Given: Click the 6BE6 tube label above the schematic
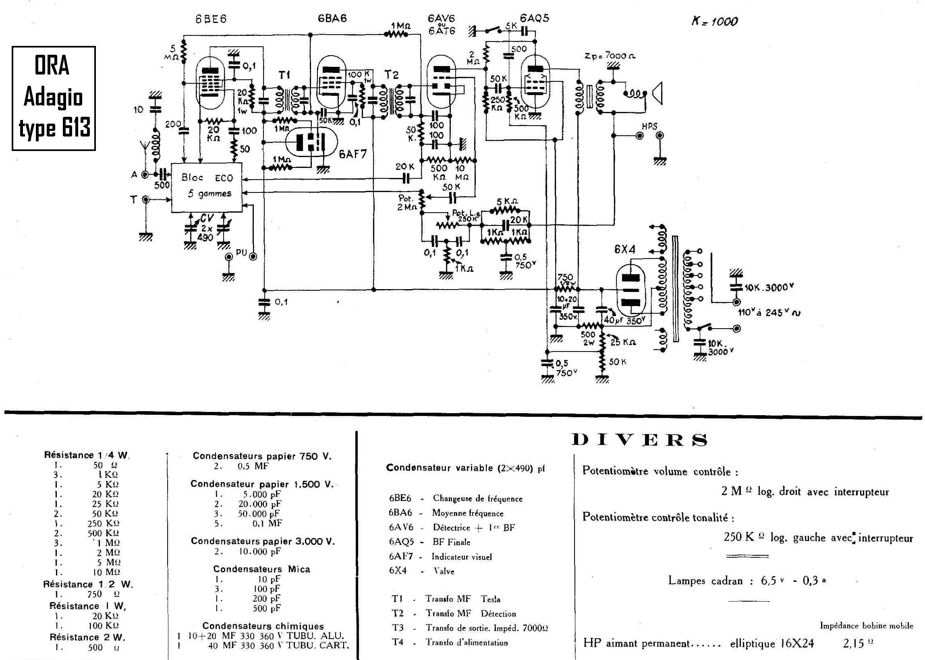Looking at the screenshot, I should (x=211, y=19).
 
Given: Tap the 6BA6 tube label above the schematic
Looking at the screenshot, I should (x=332, y=18).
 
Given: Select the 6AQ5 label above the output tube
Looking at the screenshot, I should (x=534, y=18).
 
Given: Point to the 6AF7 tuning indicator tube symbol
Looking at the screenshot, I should (x=311, y=142).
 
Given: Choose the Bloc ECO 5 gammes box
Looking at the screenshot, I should (x=207, y=187).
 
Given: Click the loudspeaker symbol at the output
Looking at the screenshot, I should (x=657, y=93).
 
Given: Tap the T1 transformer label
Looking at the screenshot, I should (x=284, y=75).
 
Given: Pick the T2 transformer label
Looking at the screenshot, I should (x=392, y=75).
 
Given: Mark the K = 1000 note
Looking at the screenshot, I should (x=714, y=21).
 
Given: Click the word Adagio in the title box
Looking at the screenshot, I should (x=53, y=97).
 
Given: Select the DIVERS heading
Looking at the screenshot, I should (x=639, y=440).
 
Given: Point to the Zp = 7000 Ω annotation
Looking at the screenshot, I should (x=610, y=55).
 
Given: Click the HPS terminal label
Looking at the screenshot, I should (x=649, y=126).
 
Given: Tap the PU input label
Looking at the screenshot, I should (x=241, y=252).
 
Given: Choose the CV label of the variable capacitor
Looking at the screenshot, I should (x=207, y=218).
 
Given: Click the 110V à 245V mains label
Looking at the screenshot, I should (x=769, y=312).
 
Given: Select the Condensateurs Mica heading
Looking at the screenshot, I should (x=261, y=569).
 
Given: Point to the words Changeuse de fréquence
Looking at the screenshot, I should (x=477, y=498).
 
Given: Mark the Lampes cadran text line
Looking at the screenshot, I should (x=747, y=581).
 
